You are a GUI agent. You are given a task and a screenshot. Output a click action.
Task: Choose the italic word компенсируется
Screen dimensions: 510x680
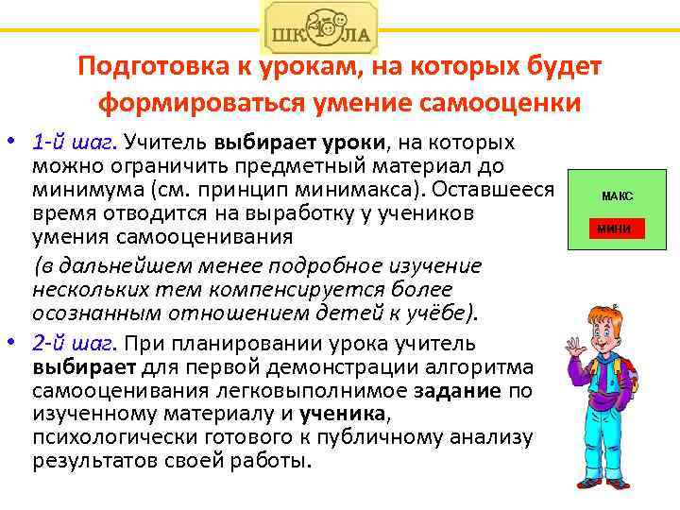309,289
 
